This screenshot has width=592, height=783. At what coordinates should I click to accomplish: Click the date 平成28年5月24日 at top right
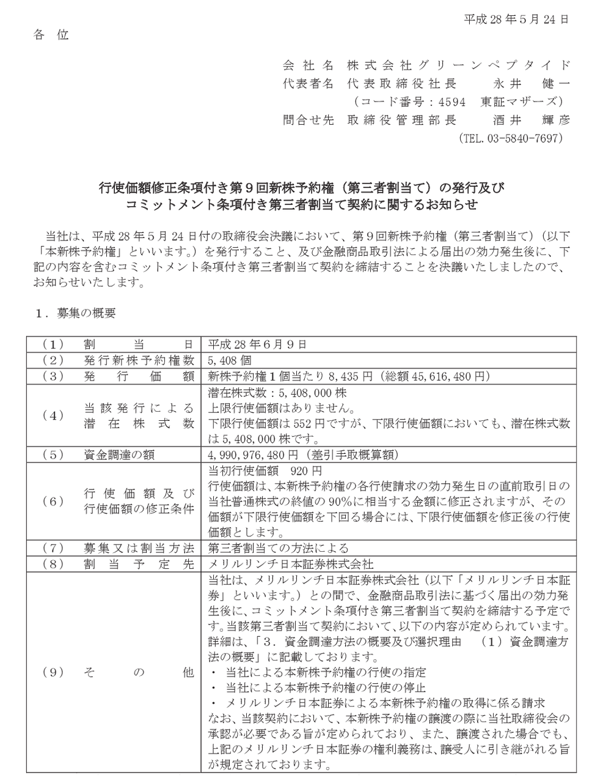click(x=517, y=19)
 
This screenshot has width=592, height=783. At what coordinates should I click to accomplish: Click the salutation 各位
click(x=51, y=35)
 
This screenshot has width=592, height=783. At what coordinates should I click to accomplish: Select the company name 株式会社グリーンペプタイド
click(x=458, y=65)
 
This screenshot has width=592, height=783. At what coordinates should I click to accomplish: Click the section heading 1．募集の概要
click(x=76, y=313)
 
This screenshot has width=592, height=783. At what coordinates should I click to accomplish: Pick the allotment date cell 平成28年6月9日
click(x=257, y=344)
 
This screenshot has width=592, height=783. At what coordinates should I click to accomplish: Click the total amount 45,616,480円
click(x=439, y=376)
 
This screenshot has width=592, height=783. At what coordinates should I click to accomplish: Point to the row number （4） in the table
click(x=53, y=415)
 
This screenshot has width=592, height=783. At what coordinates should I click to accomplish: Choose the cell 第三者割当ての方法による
click(x=279, y=547)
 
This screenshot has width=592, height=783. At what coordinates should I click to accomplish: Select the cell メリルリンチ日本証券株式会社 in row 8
click(x=291, y=563)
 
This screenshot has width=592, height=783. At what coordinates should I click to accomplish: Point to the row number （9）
click(x=53, y=672)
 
